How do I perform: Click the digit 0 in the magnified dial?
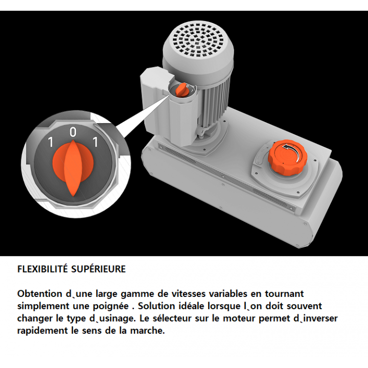coord(73,132)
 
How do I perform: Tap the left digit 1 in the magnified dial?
coord(51,142)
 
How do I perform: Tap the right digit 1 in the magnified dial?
coord(95,142)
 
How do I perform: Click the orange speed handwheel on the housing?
coord(287,157)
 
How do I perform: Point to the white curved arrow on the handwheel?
coord(293,151)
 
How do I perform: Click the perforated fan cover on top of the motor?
coord(198,40)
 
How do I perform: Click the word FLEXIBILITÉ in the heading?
coord(42,269)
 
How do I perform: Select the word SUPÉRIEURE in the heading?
coord(98,269)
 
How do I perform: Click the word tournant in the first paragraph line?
coord(285,294)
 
